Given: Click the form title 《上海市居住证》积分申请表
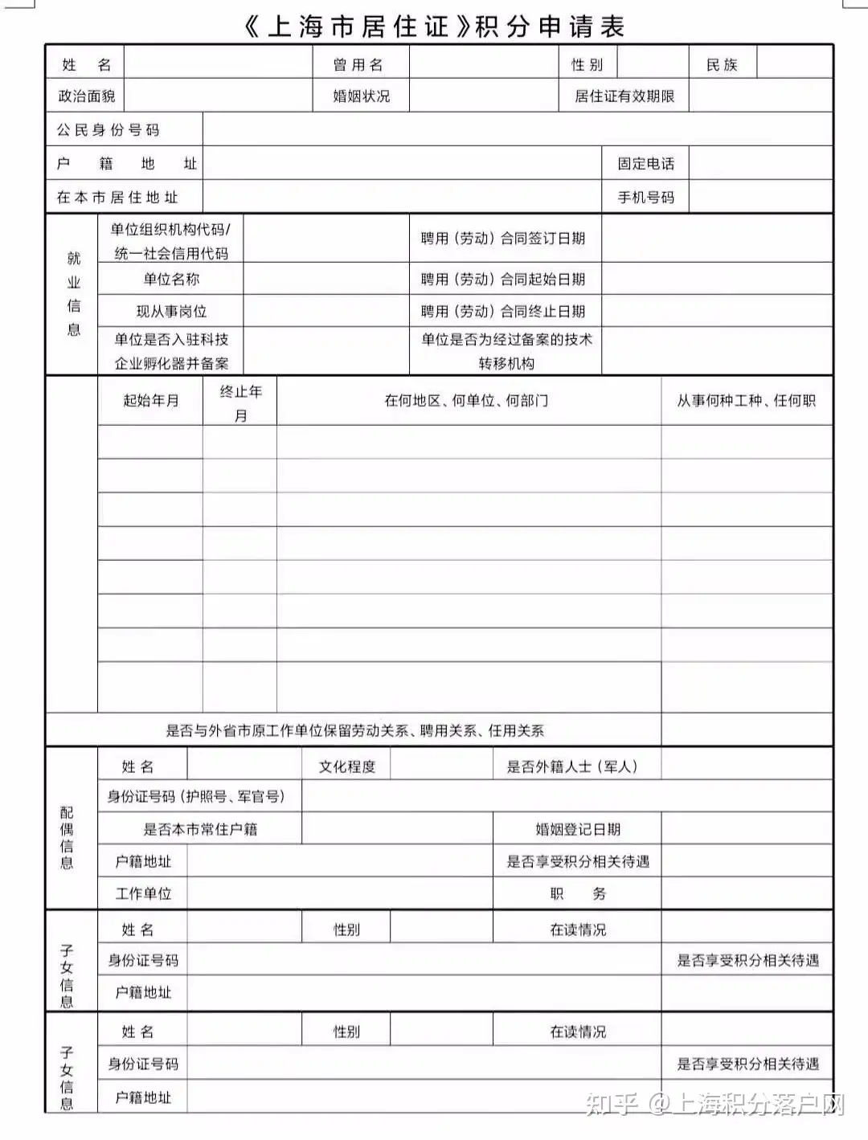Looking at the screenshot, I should (434, 26).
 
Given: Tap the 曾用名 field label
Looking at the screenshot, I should (358, 65).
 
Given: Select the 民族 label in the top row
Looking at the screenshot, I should (721, 65).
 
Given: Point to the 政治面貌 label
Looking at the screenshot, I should (86, 96).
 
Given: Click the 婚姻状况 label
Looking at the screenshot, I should (361, 96).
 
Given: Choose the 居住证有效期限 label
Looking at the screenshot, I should (624, 96).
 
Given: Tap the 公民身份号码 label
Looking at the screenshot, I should (108, 130).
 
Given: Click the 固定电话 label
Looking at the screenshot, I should (645, 164).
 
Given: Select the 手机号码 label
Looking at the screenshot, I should (645, 198).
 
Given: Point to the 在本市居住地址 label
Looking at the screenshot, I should (117, 198).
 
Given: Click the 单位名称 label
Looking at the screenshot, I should (171, 280).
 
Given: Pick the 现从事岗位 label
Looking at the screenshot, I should (171, 312).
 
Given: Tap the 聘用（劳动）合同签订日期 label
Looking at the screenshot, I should (503, 239).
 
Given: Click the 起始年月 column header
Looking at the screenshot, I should (150, 400).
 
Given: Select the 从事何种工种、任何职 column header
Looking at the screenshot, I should (746, 400).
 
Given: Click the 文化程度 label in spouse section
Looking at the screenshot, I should (346, 766).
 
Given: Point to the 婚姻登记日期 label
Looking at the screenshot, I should (578, 829).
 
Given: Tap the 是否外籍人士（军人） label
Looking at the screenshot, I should (572, 766).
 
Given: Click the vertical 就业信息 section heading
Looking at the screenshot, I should (74, 293).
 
